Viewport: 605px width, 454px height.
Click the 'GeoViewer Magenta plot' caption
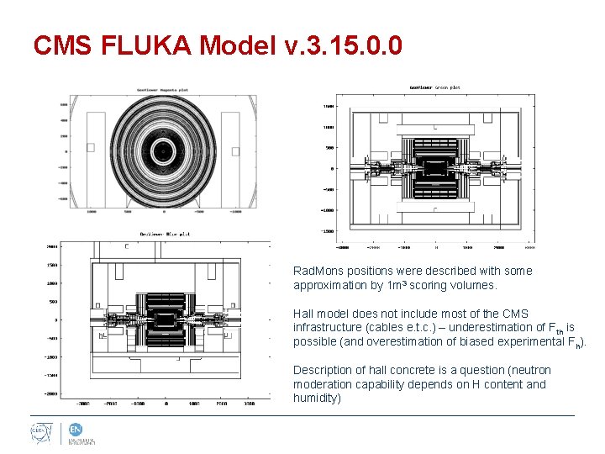click(175, 90)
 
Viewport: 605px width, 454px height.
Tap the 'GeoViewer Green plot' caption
click(434, 87)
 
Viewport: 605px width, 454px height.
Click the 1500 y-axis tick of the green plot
click(329, 107)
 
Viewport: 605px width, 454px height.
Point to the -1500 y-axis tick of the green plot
click(327, 231)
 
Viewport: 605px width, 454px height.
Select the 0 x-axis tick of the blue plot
click(166, 404)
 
